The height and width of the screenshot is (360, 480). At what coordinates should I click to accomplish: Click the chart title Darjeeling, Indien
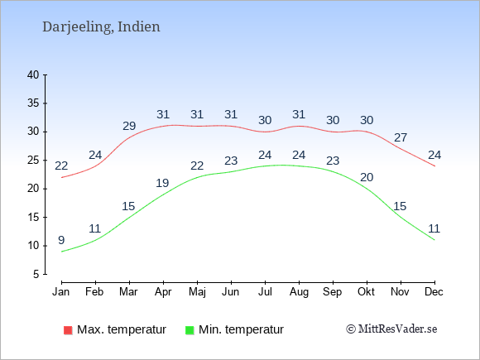click(101, 27)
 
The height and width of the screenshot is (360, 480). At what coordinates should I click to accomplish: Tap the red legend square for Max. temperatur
click(68, 330)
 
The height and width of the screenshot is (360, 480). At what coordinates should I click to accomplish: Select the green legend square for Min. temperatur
click(190, 330)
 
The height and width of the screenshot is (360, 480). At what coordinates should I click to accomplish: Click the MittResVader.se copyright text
click(391, 329)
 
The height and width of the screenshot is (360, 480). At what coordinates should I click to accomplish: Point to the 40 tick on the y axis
click(33, 74)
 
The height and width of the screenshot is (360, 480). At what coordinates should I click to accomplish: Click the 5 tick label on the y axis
click(36, 274)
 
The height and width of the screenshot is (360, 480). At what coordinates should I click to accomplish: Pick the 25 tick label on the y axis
click(33, 160)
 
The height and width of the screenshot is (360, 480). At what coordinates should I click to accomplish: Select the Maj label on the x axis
click(197, 292)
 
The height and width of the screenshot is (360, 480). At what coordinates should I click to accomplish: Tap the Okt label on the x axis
click(366, 292)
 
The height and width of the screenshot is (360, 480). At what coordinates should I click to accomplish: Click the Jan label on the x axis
click(61, 292)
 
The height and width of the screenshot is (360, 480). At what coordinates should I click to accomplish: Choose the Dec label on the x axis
click(434, 292)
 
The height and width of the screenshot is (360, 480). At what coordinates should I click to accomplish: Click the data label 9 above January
click(61, 240)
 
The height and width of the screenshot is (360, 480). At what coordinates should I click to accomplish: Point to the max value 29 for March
click(129, 126)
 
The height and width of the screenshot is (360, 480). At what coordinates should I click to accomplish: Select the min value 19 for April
click(162, 183)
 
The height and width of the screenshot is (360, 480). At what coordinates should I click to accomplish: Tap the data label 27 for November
click(401, 137)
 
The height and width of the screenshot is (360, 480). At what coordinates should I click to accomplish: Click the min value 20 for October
click(367, 177)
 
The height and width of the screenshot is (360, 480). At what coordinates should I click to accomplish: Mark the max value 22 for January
click(61, 166)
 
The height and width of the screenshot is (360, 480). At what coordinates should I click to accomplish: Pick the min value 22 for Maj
click(197, 166)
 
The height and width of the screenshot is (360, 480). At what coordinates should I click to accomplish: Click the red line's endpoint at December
click(434, 166)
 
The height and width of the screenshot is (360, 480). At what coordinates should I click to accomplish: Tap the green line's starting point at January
click(62, 252)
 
